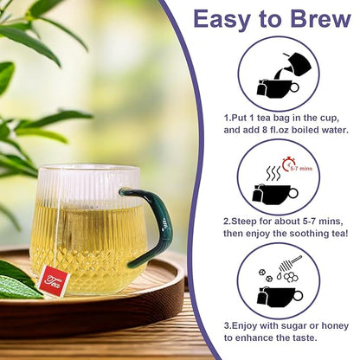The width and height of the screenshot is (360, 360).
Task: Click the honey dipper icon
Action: point(292,261)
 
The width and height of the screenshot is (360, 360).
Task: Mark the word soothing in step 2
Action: point(305,234)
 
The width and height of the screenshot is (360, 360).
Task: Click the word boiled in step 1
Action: point(313,129)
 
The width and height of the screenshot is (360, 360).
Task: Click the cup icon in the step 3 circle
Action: point(277,295)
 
